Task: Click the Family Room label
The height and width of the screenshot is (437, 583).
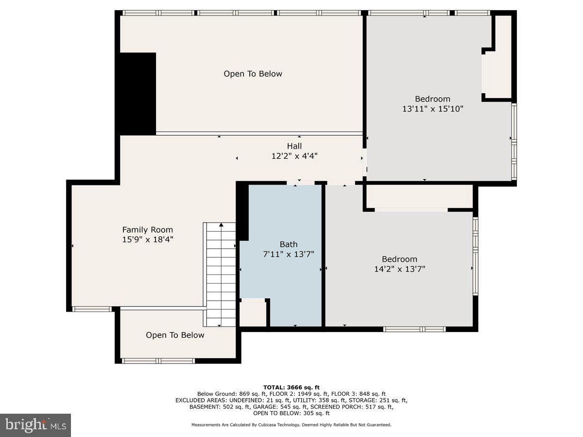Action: point(147,230)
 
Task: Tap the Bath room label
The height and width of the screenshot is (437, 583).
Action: point(288,244)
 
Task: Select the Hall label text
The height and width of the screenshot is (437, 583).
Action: point(294,146)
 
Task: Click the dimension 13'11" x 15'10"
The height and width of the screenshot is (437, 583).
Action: point(432,109)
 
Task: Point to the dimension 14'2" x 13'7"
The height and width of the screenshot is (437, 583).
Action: point(399,269)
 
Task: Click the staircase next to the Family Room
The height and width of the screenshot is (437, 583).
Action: point(221,274)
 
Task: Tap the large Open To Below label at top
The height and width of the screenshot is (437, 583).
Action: point(253,74)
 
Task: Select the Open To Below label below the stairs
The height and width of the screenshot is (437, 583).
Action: point(175,335)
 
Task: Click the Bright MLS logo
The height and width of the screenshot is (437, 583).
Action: point(35,425)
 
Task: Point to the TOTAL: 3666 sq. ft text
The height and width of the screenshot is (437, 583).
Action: point(291,387)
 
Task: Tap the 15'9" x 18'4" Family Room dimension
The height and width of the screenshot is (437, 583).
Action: point(147,239)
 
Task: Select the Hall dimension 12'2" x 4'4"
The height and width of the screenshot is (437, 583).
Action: point(294,156)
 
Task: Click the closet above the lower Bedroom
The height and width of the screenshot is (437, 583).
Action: point(419,196)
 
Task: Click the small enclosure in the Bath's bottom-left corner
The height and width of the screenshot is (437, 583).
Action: point(253,314)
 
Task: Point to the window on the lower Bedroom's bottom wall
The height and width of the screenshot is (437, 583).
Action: point(414,329)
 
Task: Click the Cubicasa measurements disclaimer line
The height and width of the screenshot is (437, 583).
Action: point(291,425)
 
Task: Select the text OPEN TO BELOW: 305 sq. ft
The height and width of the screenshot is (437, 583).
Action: point(291,413)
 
